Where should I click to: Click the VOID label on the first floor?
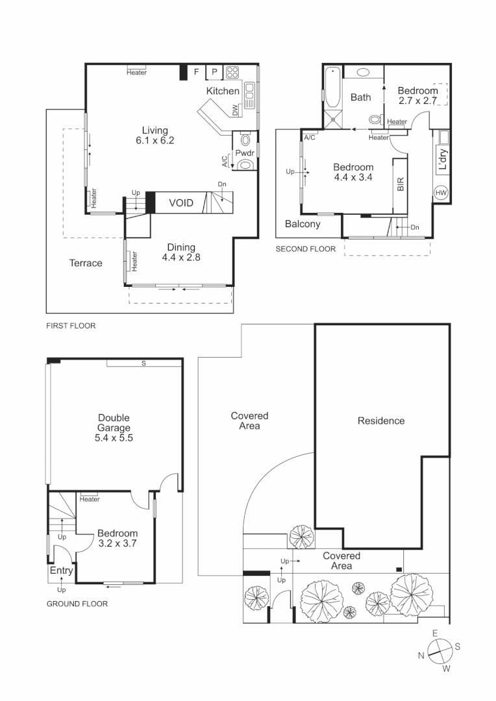[x=181, y=203]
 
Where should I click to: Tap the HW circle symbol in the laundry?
[x=441, y=193]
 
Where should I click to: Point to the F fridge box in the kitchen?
[x=197, y=72]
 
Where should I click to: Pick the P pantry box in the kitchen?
[x=214, y=72]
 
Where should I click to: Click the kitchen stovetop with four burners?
[x=233, y=72]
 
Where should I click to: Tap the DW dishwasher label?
[x=234, y=110]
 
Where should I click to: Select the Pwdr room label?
[x=245, y=154]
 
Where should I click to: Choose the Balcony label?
[x=303, y=225]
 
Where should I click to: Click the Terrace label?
[x=86, y=263]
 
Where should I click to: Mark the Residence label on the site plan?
[x=381, y=421]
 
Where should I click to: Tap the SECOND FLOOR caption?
[x=305, y=249]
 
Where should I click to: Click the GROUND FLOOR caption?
[x=77, y=604]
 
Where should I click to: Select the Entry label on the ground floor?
[x=60, y=571]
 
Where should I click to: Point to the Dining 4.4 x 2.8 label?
[x=181, y=252]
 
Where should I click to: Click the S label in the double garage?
[x=143, y=363]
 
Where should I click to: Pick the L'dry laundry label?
[x=443, y=160]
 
